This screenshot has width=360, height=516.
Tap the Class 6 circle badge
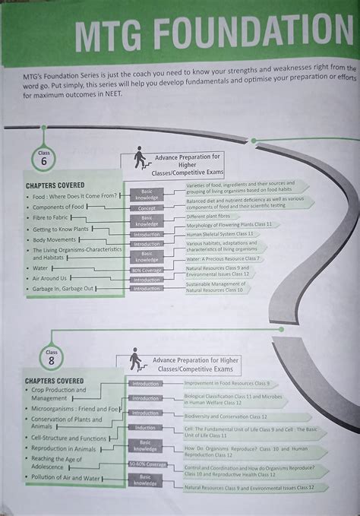click(x=43, y=158)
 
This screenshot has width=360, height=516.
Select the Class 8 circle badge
click(x=52, y=358)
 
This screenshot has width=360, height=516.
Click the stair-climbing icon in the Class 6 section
click(x=140, y=160)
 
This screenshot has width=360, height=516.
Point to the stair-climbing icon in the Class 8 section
click(x=136, y=359)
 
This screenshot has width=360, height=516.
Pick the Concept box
click(x=147, y=207)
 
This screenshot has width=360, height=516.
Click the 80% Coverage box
click(x=147, y=270)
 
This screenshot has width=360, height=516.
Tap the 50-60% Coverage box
click(x=147, y=464)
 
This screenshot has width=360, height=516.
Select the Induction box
click(x=146, y=428)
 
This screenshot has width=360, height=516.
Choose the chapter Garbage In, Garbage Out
click(x=62, y=288)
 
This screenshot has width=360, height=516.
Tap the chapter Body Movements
click(x=55, y=239)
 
